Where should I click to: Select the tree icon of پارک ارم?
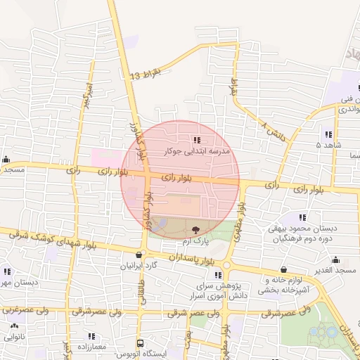[195, 229]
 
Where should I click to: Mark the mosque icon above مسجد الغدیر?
[336, 259]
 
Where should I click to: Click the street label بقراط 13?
[146, 75]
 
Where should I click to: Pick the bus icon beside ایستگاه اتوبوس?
[140, 344]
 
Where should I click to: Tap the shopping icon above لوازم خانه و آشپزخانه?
[283, 269]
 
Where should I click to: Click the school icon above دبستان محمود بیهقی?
[303, 217]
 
